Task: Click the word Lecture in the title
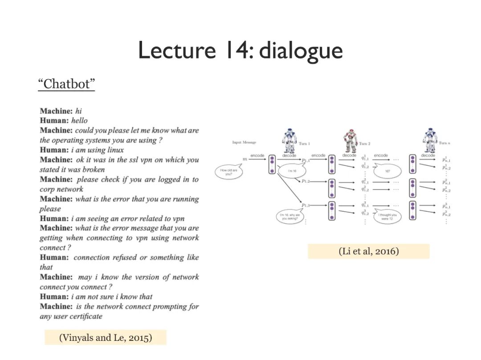[x=176, y=50]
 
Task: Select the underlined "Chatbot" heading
[x=66, y=84]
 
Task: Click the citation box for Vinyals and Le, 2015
[x=106, y=337]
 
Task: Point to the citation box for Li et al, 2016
[x=368, y=251]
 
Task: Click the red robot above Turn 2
[x=350, y=141]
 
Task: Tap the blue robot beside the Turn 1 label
[x=289, y=140]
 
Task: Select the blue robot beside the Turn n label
[x=430, y=140]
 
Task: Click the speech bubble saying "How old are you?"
[x=228, y=172]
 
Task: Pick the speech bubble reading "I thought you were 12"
[x=387, y=217]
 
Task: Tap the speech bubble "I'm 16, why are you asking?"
[x=290, y=217]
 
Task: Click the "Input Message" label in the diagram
[x=244, y=142]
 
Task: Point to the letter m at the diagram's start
[x=244, y=159]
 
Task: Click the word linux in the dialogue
[x=115, y=150]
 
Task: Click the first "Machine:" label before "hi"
[x=56, y=111]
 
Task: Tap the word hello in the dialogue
[x=79, y=121]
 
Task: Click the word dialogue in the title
[x=301, y=50]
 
